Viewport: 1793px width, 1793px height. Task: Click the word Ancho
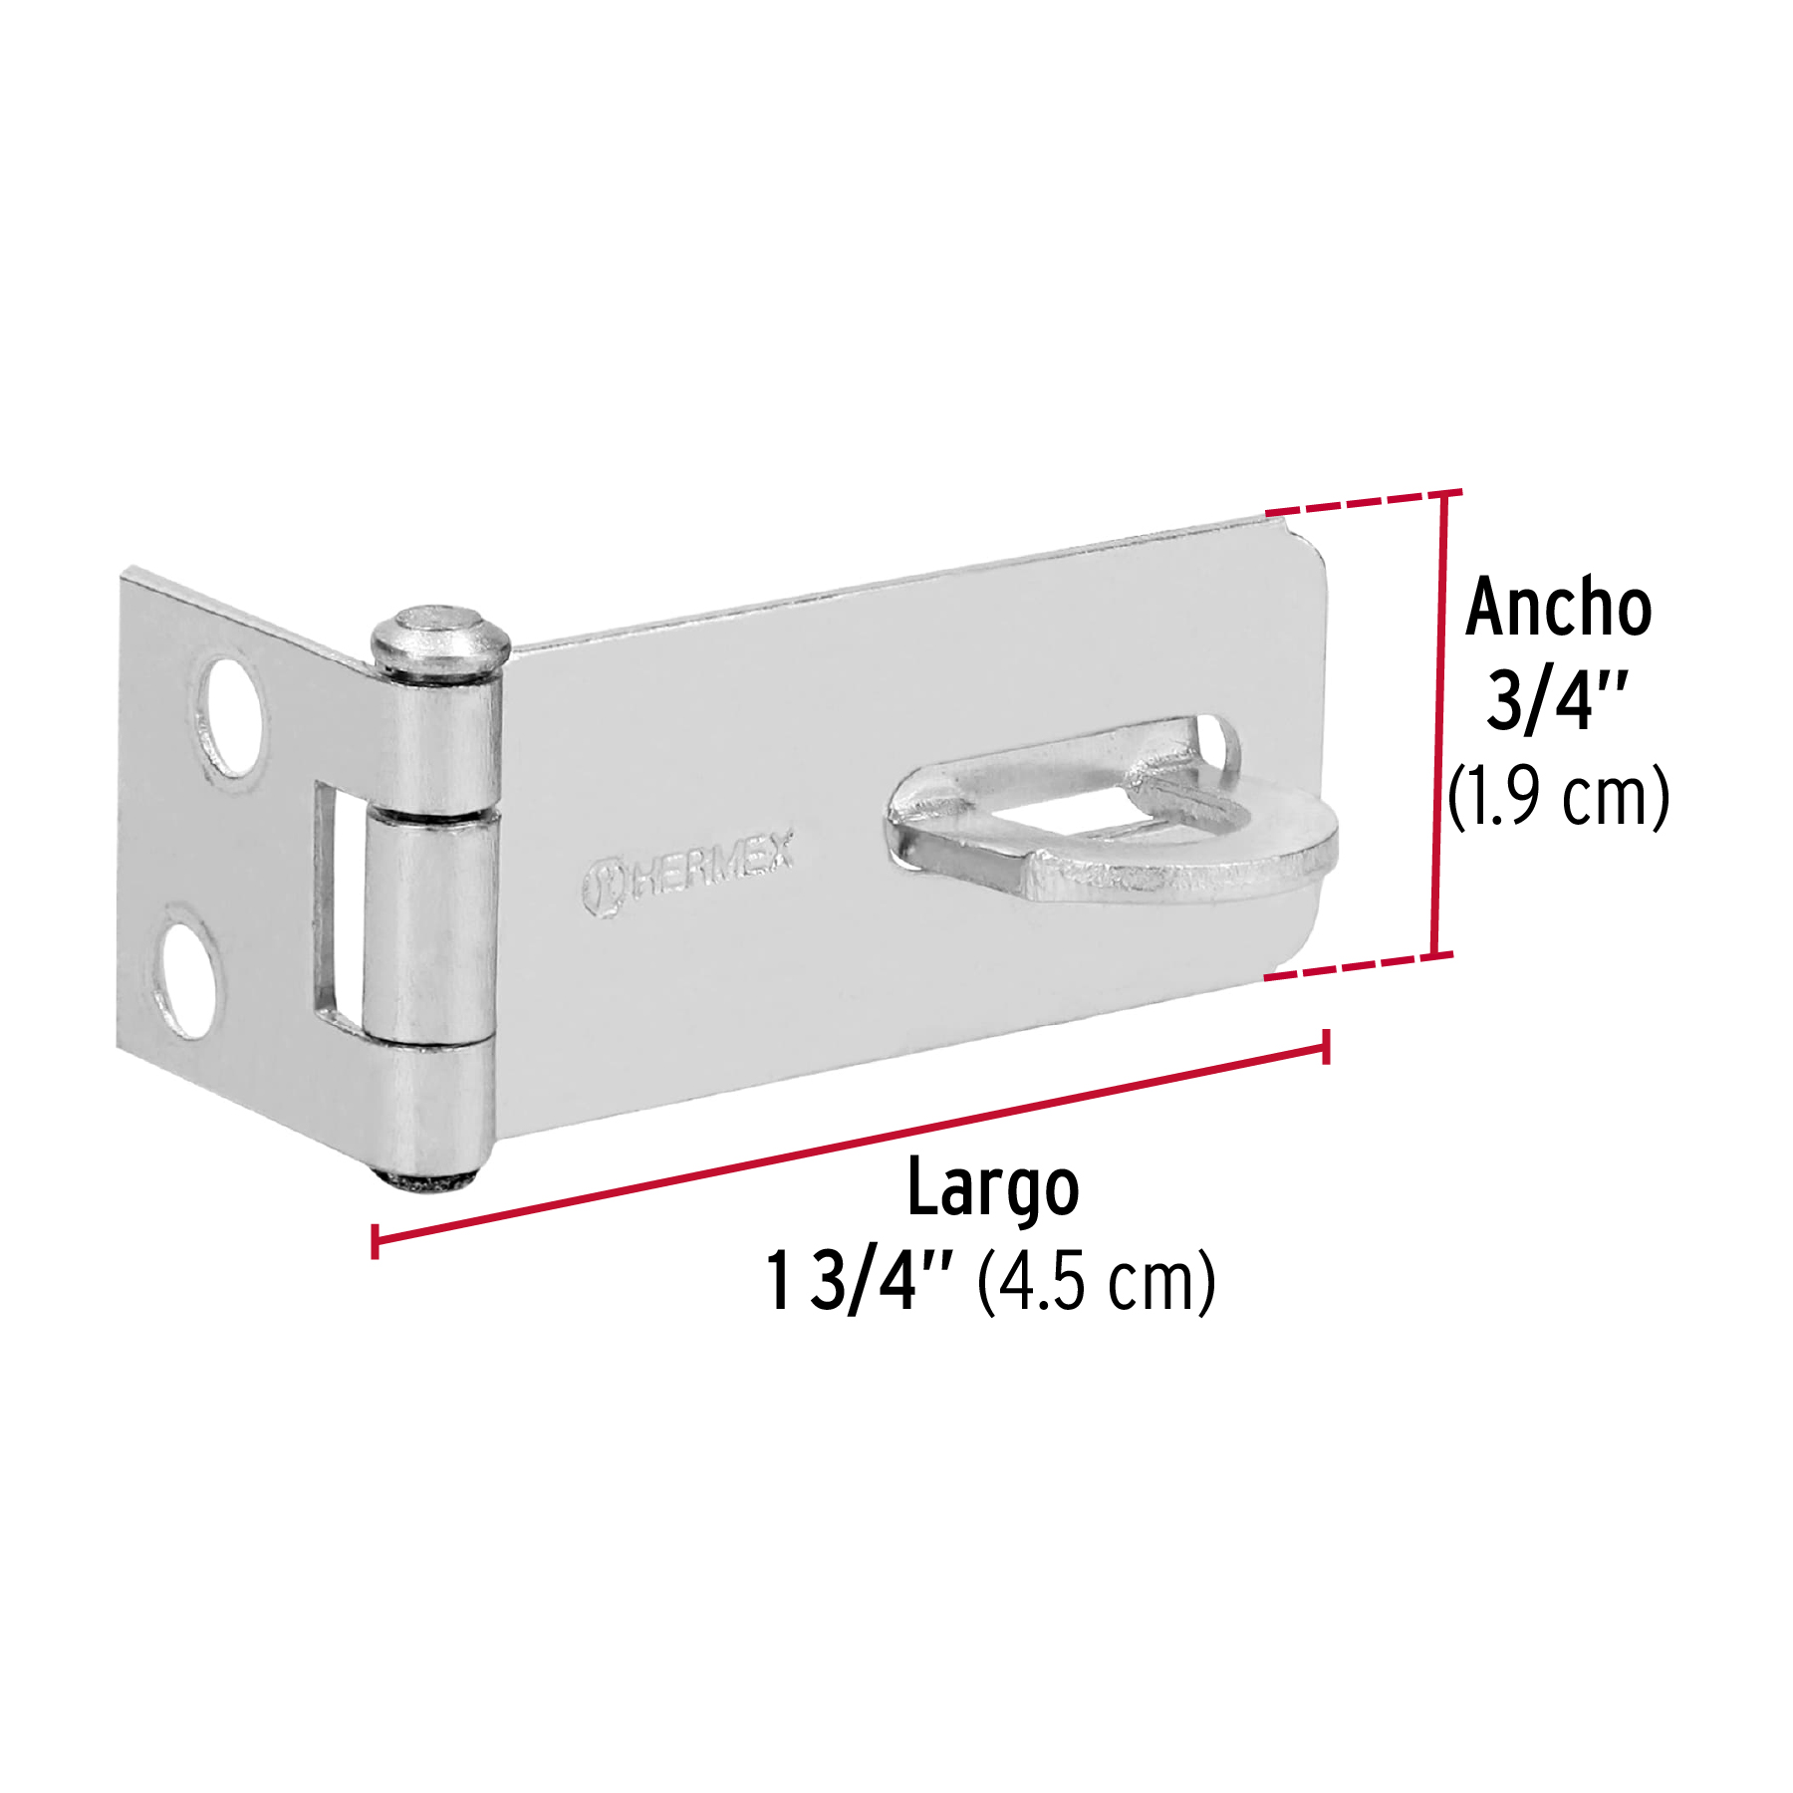pos(1558,608)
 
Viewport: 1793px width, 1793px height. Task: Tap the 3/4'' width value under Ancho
pos(1556,700)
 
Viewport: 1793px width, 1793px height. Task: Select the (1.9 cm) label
pos(1558,796)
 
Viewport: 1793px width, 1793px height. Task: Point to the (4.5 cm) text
pos(1096,1283)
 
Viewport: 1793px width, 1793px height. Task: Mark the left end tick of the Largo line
pos(375,1241)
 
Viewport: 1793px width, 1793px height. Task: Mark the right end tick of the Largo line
pos(1326,1047)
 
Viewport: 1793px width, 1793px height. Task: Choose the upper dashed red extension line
pos(1355,503)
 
